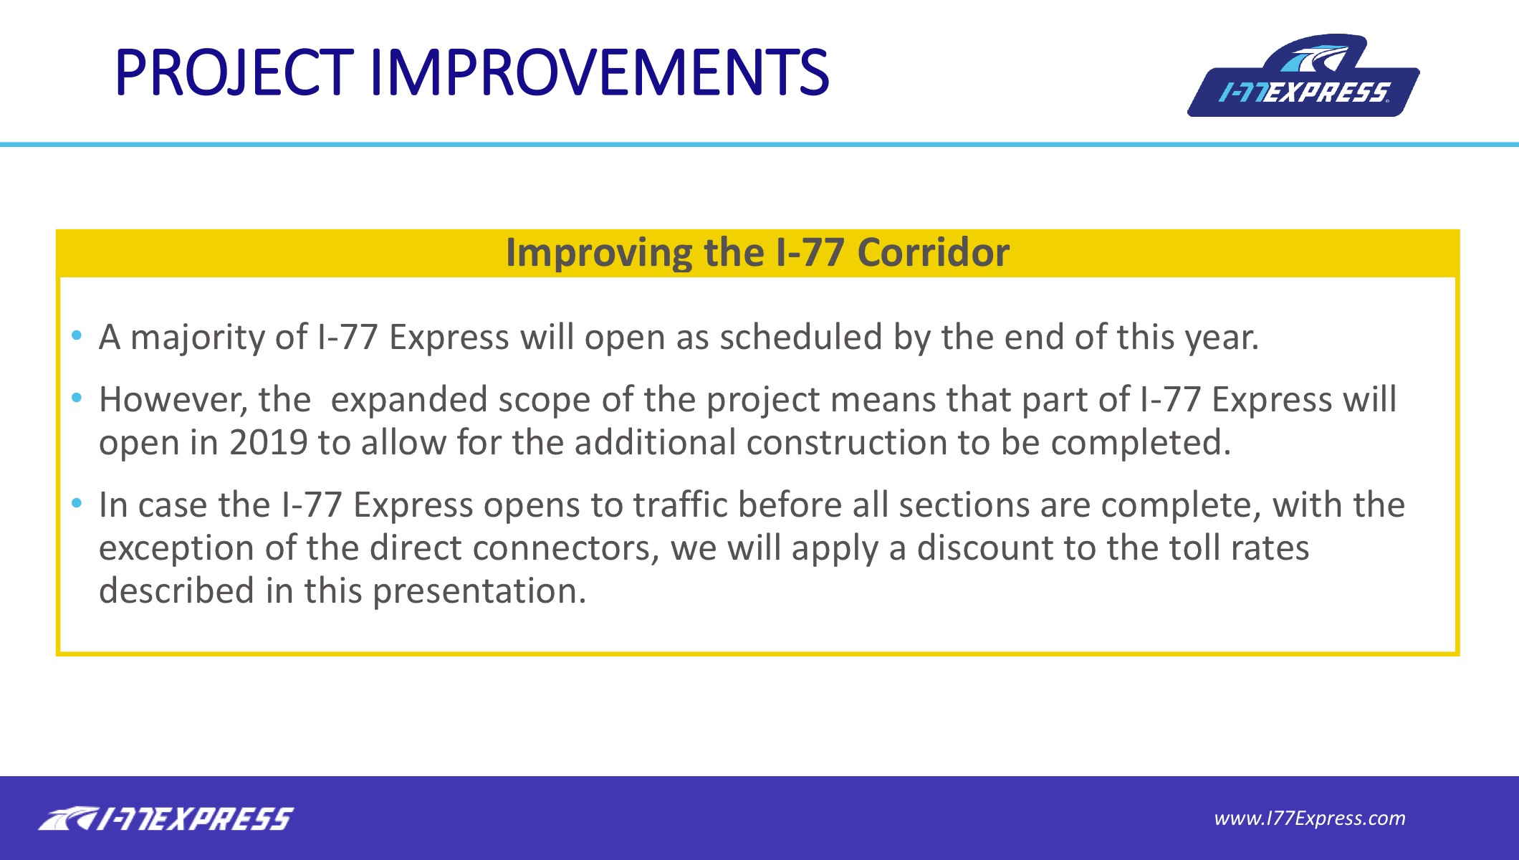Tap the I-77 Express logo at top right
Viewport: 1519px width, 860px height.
coord(1303,75)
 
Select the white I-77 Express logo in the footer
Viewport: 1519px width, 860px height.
coord(166,818)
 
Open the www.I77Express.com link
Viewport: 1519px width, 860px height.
coord(1310,818)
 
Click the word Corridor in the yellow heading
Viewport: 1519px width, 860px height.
coord(933,252)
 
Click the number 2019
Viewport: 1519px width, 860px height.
coord(269,442)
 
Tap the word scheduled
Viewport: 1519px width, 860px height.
coord(801,337)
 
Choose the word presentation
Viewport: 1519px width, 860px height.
coord(479,591)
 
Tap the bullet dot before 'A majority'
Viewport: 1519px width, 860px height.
coord(77,335)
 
